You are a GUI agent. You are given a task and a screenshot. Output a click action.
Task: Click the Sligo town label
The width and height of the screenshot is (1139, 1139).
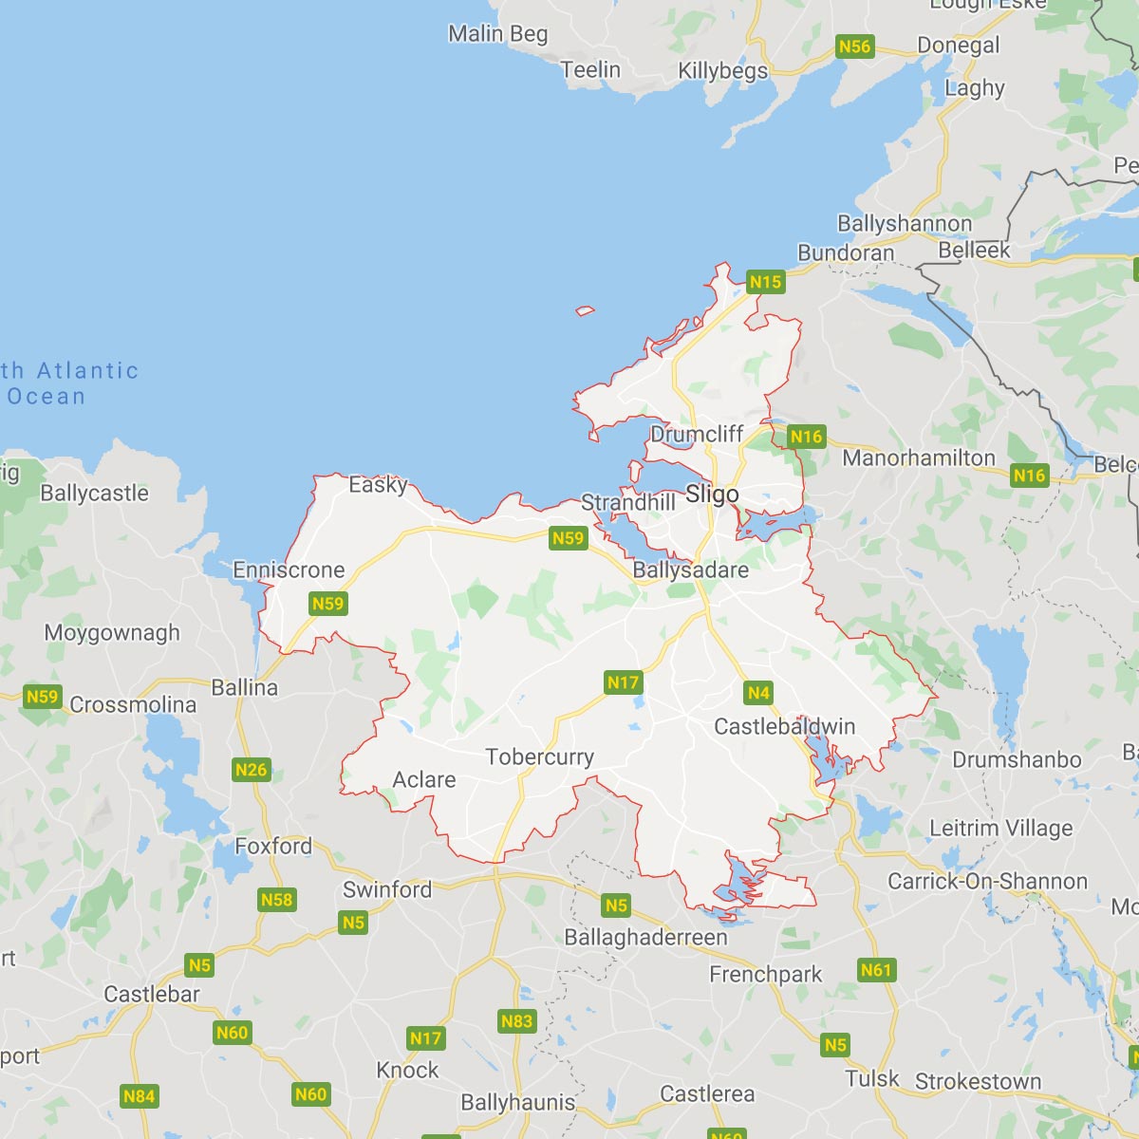(712, 495)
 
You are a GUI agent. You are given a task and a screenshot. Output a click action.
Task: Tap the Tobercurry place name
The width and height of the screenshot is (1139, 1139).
(539, 756)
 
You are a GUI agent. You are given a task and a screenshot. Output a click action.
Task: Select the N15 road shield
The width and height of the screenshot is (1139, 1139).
(765, 282)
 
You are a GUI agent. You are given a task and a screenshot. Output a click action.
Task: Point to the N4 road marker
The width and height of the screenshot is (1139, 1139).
(758, 693)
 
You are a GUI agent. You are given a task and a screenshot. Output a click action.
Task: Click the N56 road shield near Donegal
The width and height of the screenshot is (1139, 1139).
(854, 47)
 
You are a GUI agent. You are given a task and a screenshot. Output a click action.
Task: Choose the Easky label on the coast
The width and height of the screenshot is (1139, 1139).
(378, 485)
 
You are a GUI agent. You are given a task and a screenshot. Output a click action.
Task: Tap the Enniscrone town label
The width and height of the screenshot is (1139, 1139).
(289, 570)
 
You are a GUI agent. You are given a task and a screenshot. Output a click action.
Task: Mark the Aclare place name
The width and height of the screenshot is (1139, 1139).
(424, 780)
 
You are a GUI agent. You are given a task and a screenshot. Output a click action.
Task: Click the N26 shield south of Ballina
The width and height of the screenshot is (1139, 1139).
(251, 770)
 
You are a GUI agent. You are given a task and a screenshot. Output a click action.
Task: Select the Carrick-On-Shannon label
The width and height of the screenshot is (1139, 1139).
(987, 881)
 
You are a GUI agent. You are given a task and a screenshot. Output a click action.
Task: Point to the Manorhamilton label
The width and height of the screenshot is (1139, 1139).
(919, 458)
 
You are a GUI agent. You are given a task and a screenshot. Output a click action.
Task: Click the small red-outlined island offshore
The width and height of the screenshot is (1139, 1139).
(585, 310)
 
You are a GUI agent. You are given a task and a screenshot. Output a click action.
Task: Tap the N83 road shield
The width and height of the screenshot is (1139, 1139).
(516, 1021)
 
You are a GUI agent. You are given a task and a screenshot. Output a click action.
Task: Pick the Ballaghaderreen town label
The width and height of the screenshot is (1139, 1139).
(645, 938)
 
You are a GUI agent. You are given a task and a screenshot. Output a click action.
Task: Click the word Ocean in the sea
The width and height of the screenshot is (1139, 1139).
(47, 397)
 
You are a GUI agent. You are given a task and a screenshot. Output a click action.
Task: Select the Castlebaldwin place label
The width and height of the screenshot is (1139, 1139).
(784, 727)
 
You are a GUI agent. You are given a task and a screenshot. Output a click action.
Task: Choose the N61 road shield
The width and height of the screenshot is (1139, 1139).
(875, 970)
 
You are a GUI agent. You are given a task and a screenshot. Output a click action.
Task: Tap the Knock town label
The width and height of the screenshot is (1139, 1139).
(407, 1071)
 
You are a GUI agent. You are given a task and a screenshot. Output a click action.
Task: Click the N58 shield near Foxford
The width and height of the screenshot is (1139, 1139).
(276, 900)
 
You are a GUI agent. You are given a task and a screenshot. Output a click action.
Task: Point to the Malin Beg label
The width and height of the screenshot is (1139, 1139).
(497, 34)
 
